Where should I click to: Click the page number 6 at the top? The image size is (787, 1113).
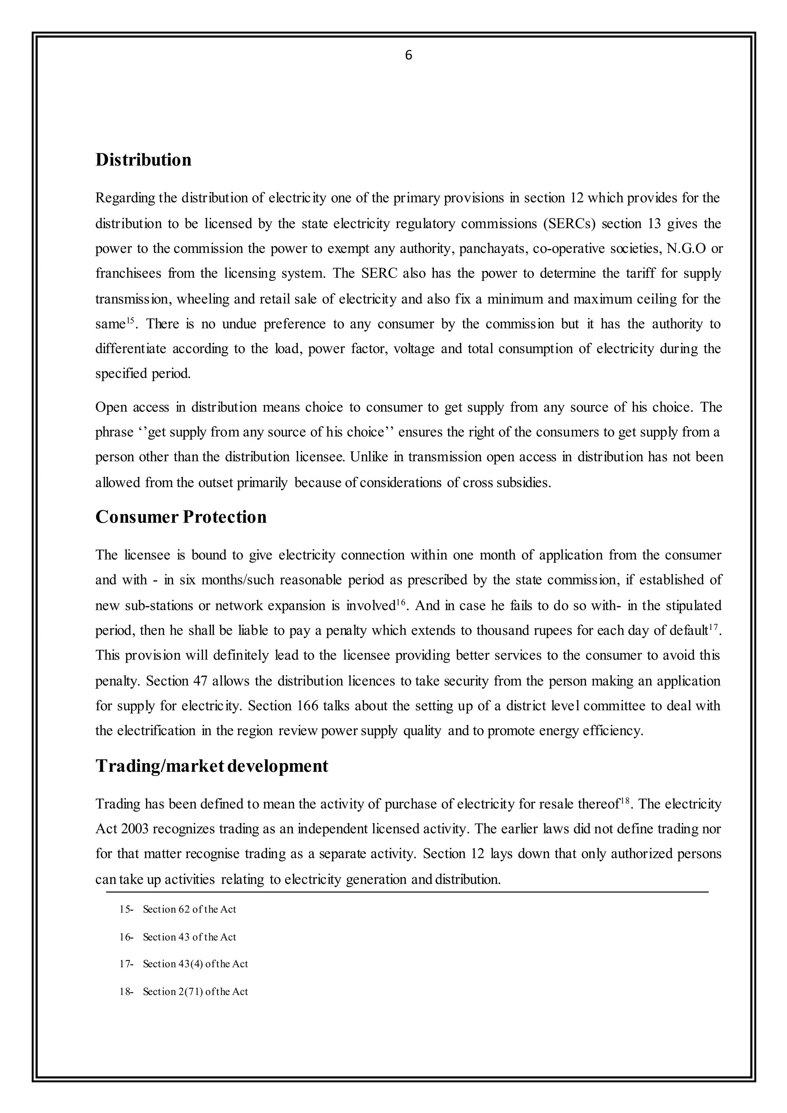[408, 56]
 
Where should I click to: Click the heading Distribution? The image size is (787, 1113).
[143, 159]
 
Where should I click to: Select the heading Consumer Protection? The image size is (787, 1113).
[181, 517]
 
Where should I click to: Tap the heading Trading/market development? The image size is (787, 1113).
[211, 766]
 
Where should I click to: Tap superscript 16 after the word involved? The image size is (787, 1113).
[400, 602]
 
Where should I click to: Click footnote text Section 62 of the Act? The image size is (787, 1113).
[189, 909]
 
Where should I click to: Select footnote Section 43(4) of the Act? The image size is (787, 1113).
[195, 964]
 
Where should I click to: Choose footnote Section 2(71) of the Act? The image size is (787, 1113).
[195, 991]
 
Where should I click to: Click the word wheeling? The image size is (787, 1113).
[203, 299]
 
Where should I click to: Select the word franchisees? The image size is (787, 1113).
[128, 274]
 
